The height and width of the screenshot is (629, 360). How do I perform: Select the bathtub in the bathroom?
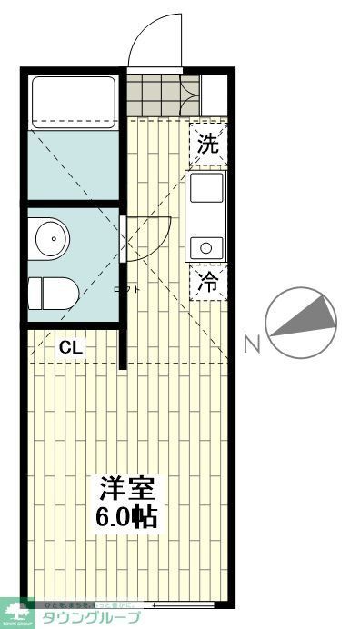(73, 102)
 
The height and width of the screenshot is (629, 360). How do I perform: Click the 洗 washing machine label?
(208, 143)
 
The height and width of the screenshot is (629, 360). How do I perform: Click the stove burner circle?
(207, 245)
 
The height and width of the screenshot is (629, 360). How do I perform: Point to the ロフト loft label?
(127, 289)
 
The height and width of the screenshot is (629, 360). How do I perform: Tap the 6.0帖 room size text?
(127, 518)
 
